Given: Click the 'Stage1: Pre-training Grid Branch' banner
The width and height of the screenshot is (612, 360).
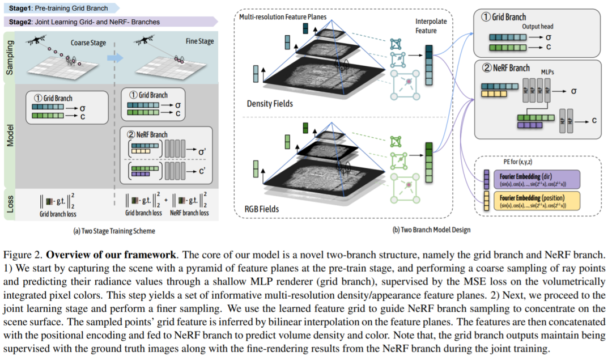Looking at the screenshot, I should point(60,7).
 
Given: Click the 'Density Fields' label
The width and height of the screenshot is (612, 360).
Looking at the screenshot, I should point(271,104).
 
